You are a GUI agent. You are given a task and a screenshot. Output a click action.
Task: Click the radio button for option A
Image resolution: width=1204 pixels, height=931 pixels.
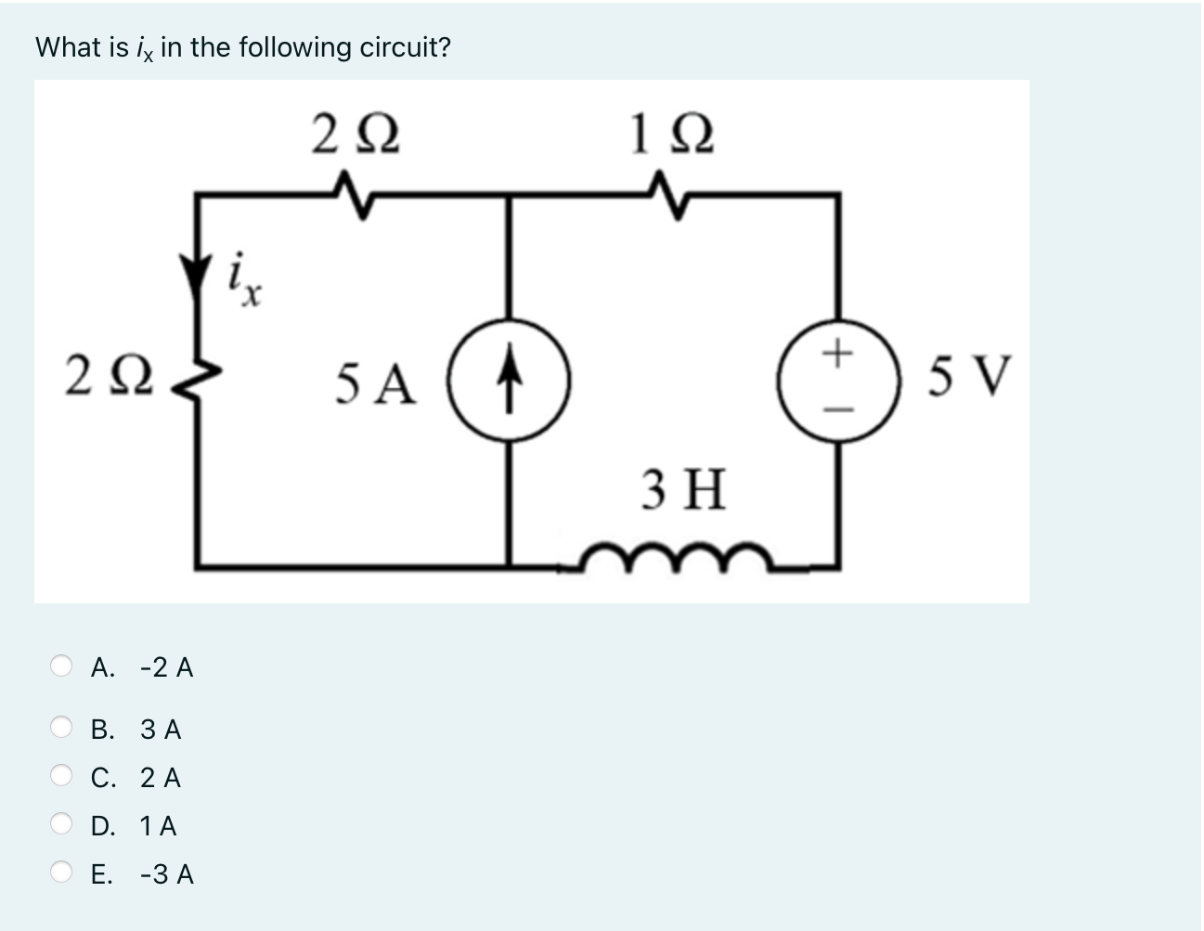(61, 666)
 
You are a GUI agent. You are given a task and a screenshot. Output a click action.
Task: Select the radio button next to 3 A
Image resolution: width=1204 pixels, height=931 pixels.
(61, 729)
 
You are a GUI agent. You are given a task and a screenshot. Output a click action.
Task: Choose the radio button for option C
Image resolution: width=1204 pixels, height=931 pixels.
(61, 777)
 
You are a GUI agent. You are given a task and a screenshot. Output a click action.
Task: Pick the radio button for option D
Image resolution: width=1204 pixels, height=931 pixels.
(61, 825)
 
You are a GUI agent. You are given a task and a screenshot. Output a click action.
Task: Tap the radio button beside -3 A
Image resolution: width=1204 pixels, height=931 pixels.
(61, 873)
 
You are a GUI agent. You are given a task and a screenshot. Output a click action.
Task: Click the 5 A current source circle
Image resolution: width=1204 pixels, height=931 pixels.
(509, 381)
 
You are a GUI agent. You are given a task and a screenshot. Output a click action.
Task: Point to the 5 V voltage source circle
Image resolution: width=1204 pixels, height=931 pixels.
(838, 381)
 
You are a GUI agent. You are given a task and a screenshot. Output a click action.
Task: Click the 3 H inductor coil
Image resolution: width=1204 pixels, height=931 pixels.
(677, 557)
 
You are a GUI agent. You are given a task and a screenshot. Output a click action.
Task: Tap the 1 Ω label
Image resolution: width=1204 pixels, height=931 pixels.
(670, 136)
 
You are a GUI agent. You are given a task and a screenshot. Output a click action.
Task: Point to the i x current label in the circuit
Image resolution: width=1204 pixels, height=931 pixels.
(244, 278)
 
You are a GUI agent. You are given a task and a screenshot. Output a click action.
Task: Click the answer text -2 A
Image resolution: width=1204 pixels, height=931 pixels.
(166, 667)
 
